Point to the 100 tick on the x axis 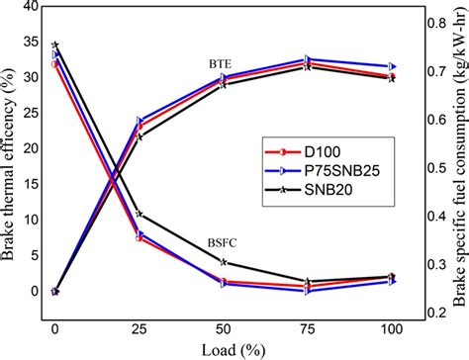pos(393,327)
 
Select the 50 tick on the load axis pos(224,327)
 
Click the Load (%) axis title pos(223,348)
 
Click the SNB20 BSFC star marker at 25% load pos(140,214)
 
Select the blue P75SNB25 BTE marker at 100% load pos(393,66)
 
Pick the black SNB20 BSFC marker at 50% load pos(224,262)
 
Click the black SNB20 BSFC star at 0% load pos(54,45)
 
